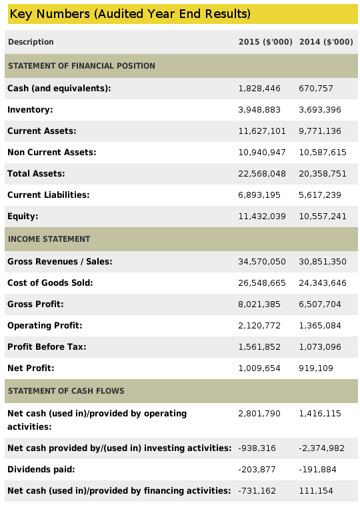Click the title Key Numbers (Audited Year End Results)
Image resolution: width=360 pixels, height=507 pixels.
coord(130,14)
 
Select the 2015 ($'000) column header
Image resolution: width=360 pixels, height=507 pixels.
coord(265,42)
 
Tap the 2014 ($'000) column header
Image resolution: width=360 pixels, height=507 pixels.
coord(326,42)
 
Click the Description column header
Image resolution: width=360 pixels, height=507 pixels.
coord(31,42)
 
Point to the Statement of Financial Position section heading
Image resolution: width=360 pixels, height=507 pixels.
coord(81,66)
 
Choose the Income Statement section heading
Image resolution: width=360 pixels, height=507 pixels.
coord(49,239)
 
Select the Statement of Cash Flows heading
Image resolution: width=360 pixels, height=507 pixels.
coord(66,391)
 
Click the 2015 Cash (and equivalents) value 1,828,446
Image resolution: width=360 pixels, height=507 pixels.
coord(259,89)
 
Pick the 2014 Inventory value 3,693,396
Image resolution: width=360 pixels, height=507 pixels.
coord(320,110)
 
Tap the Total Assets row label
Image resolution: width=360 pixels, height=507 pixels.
coord(36,174)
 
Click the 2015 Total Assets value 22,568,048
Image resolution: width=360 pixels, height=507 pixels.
coord(262,174)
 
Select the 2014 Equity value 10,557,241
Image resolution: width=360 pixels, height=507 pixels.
coord(323,217)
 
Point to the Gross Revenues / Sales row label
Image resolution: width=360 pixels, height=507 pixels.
coord(60,262)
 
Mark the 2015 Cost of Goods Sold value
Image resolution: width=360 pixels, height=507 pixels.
coord(262,283)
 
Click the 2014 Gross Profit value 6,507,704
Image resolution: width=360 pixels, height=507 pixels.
coord(320,304)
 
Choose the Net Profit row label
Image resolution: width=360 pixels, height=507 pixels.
coord(31,368)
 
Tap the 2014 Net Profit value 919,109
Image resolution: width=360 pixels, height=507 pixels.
coord(316,368)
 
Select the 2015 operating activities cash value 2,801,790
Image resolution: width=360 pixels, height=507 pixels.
coord(259,414)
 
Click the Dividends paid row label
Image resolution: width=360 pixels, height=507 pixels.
coord(41,470)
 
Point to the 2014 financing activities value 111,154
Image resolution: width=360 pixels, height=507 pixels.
coord(316,491)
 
